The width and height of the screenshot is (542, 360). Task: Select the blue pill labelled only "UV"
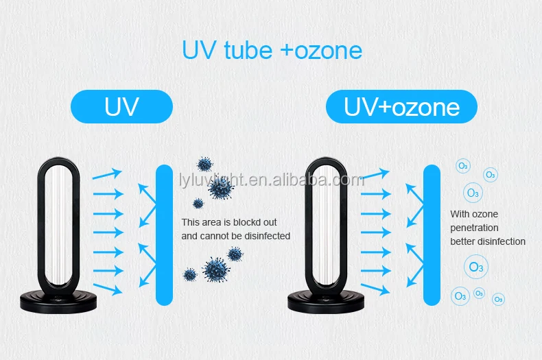pyautogui.click(x=121, y=107)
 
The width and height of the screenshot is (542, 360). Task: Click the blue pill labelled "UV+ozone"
pyautogui.click(x=401, y=107)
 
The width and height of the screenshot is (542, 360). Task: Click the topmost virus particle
pyautogui.click(x=204, y=164)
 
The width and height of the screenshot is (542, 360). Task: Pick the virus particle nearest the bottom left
pyautogui.click(x=190, y=274)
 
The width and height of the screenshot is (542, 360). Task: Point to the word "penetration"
pyautogui.click(x=474, y=228)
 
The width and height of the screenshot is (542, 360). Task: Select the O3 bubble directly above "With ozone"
pyautogui.click(x=473, y=193)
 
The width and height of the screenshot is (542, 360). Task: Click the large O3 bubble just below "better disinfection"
pyautogui.click(x=474, y=267)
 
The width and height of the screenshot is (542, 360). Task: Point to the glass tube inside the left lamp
pyautogui.click(x=57, y=226)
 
